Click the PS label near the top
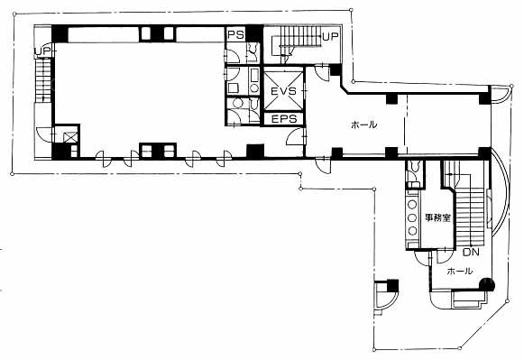tap(236, 34)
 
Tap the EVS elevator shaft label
tap(283, 91)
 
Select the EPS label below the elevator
tap(284, 119)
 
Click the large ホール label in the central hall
tap(363, 125)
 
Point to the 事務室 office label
tap(437, 218)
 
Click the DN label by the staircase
tap(471, 252)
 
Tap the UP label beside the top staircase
tap(330, 36)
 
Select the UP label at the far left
tap(42, 51)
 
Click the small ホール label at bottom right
tap(460, 271)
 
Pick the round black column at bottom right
tap(487, 285)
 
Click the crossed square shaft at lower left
tap(70, 137)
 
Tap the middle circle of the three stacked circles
tap(412, 218)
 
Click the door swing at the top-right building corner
tap(501, 94)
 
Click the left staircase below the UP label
tap(43, 80)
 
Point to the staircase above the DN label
tap(470, 217)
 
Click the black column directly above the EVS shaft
tap(254, 33)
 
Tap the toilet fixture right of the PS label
tap(252, 51)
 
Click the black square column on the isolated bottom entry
tap(392, 286)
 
